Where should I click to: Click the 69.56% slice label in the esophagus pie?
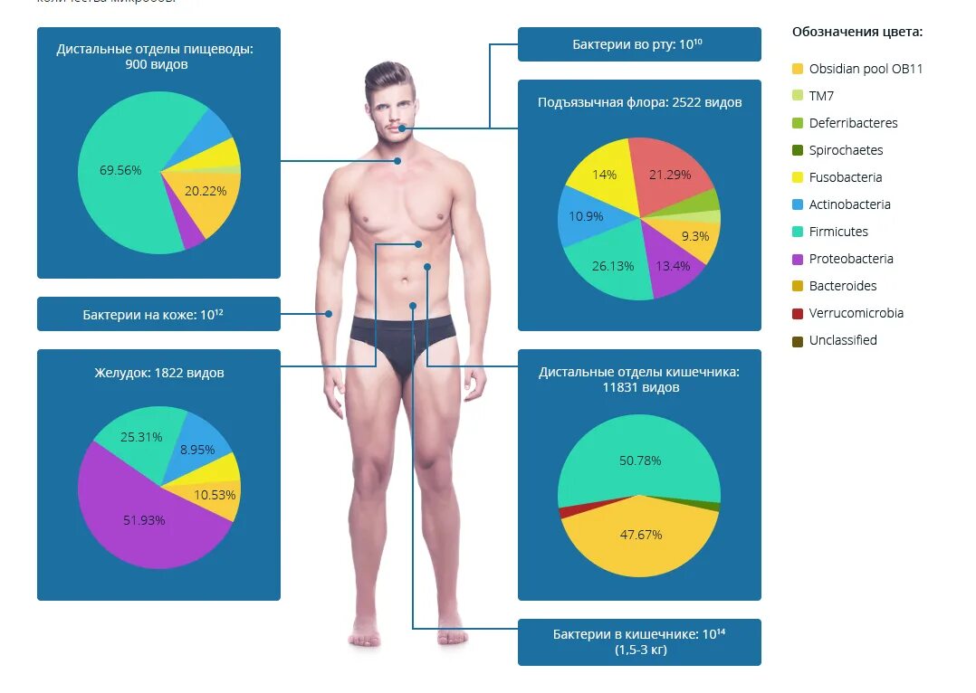[120, 170]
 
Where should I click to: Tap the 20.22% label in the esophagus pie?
[206, 191]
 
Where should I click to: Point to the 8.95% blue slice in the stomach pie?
[196, 450]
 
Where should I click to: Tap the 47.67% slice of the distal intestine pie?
[640, 535]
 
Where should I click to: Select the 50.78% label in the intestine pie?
[640, 460]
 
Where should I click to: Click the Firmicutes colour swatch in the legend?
[797, 232]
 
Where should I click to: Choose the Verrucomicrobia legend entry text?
[856, 313]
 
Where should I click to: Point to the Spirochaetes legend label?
[846, 150]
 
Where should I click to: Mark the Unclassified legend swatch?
[797, 340]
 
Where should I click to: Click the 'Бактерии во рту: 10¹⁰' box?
[638, 44]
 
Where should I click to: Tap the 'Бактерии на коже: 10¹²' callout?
[158, 315]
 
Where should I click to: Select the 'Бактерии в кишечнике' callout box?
[638, 641]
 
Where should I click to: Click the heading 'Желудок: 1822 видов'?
[158, 373]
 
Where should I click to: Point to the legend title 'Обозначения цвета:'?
[856, 32]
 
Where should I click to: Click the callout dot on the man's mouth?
[402, 128]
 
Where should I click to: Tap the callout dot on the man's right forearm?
[329, 314]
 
